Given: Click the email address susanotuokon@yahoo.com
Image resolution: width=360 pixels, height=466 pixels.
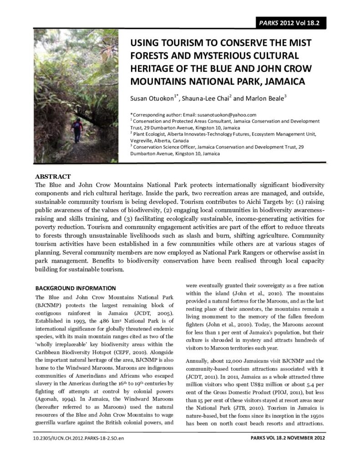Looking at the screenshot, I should point(227,115).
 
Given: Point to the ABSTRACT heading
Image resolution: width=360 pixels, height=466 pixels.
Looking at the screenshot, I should point(53,177).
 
